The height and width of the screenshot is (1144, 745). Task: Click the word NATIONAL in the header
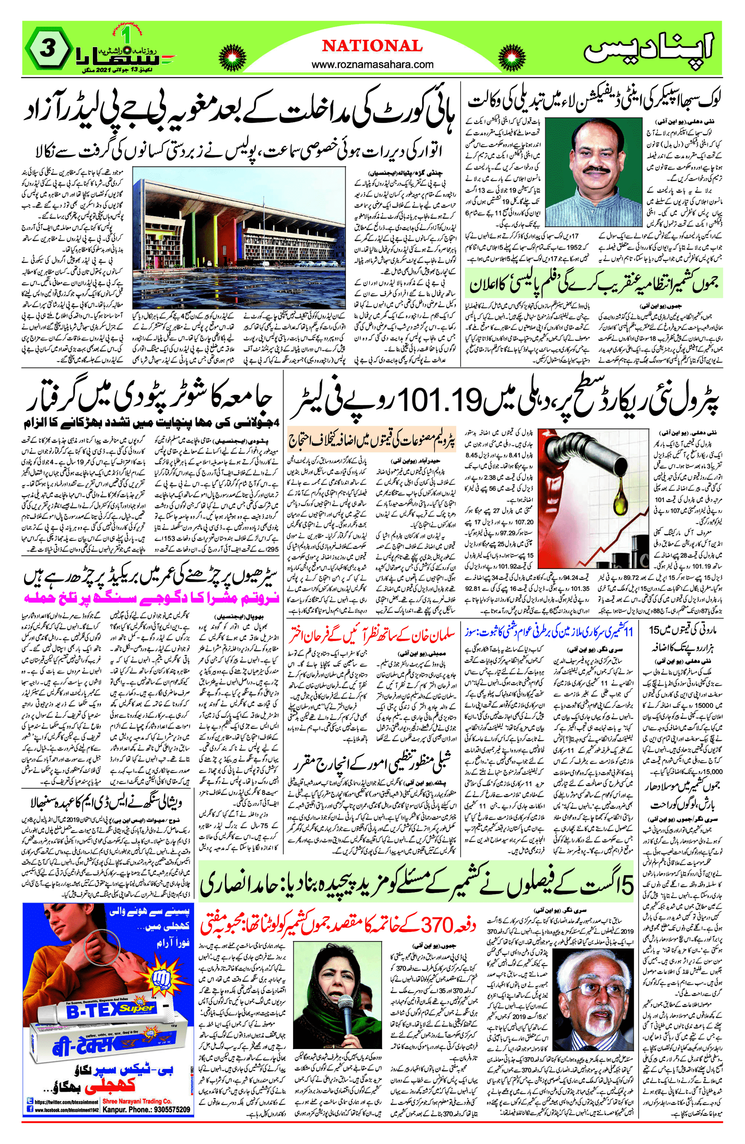[x=372, y=46]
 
